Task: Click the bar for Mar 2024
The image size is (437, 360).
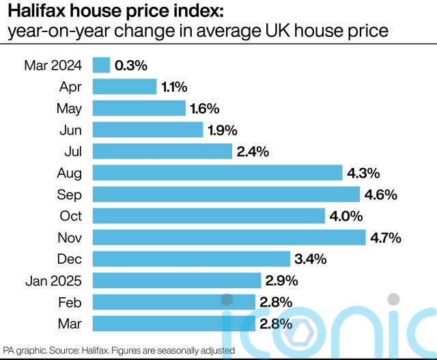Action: tap(101, 65)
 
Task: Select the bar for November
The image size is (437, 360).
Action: tap(229, 237)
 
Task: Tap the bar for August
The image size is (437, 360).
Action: tap(217, 173)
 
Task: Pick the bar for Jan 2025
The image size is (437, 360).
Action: tap(176, 280)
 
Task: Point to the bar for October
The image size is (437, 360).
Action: tap(208, 216)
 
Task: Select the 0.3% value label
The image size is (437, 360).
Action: tap(131, 66)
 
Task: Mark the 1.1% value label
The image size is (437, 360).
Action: tap(175, 87)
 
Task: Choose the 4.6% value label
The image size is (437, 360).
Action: tap(381, 195)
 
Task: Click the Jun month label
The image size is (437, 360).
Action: tap(71, 130)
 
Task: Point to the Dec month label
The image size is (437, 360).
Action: tap(70, 259)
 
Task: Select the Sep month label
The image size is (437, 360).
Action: tap(70, 195)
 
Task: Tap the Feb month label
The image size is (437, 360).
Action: tap(70, 302)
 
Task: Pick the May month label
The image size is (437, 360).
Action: tap(69, 108)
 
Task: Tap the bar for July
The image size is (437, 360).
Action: tap(161, 151)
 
